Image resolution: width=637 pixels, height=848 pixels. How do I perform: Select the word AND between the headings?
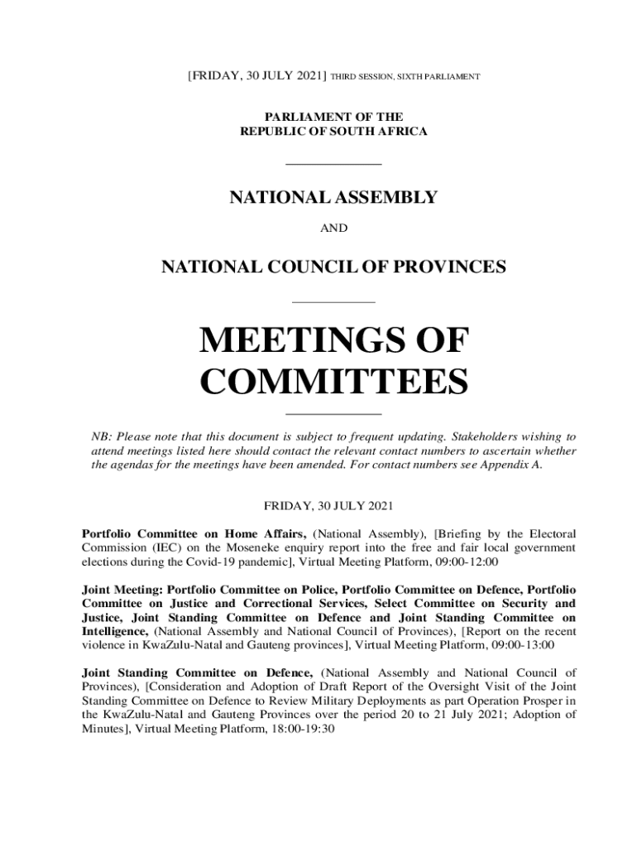point(333,228)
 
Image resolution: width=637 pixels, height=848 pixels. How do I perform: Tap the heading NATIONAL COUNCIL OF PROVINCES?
point(333,267)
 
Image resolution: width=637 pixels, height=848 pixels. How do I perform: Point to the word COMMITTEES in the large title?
point(334,383)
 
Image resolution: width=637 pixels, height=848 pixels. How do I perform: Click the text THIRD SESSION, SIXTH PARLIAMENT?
point(405,76)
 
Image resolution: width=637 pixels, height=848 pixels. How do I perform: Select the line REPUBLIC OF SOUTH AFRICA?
point(333,132)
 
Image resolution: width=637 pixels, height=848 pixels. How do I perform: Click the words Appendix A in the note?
point(511,465)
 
